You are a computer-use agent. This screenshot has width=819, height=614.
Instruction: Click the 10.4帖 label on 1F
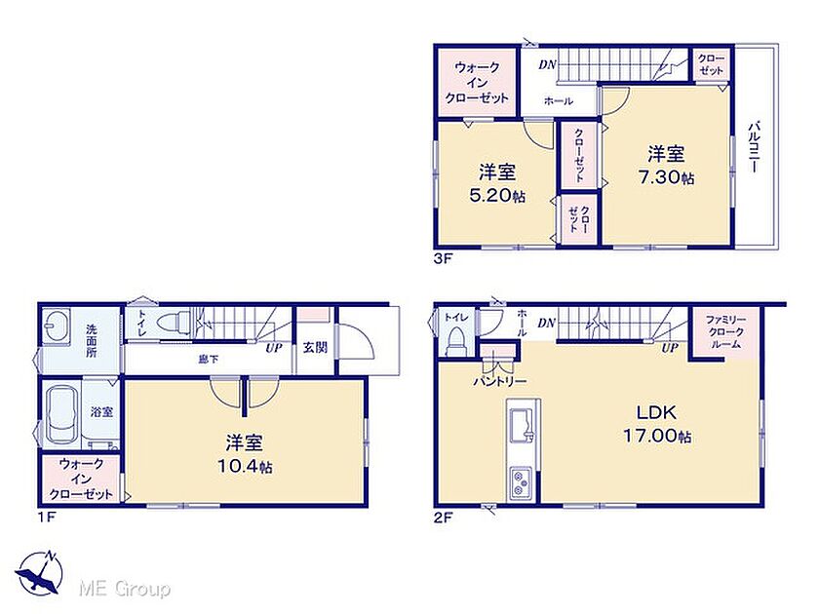click(245, 466)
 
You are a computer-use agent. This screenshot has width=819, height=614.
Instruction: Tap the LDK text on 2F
click(656, 413)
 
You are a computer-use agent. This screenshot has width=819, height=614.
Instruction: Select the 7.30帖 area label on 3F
click(667, 177)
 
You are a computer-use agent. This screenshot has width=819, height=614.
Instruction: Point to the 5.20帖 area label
click(497, 196)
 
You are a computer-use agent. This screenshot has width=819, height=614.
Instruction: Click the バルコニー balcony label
click(755, 147)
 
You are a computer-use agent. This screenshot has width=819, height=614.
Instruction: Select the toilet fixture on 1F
click(175, 320)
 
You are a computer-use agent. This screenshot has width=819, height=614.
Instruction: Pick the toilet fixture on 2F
click(456, 340)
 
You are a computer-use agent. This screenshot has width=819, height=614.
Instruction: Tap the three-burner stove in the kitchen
click(521, 483)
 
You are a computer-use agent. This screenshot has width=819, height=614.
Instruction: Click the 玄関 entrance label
click(315, 347)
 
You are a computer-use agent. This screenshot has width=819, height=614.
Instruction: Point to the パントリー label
click(500, 382)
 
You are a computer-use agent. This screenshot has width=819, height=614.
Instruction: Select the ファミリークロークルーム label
click(725, 331)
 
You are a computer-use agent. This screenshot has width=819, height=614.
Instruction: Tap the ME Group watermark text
click(125, 590)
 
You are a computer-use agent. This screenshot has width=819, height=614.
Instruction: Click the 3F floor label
click(442, 259)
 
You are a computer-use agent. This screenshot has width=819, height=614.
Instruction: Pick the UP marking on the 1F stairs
click(274, 348)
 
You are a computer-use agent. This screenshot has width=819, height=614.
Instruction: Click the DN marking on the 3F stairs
click(547, 64)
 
